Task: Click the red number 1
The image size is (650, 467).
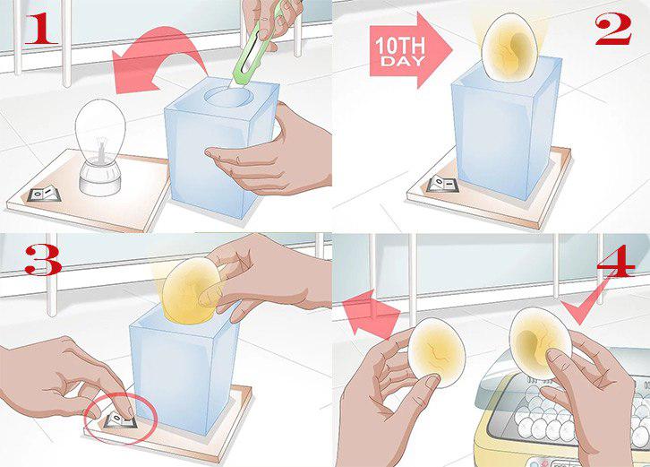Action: point(40,28)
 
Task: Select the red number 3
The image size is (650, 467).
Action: point(43,260)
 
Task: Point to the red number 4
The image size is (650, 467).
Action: point(616,264)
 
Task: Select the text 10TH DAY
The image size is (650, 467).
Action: point(399,51)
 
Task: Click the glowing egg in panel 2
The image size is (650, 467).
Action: point(509,47)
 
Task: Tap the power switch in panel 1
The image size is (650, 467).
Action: point(44,194)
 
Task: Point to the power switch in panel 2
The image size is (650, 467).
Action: point(442,184)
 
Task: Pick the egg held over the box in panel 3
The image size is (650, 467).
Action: point(191,290)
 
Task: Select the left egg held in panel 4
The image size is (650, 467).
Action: point(437,352)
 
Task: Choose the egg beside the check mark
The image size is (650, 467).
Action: point(541,343)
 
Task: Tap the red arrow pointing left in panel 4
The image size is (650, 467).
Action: point(370,313)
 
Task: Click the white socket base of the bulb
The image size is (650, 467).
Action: point(100,178)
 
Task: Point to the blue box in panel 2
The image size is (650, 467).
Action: point(506,129)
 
